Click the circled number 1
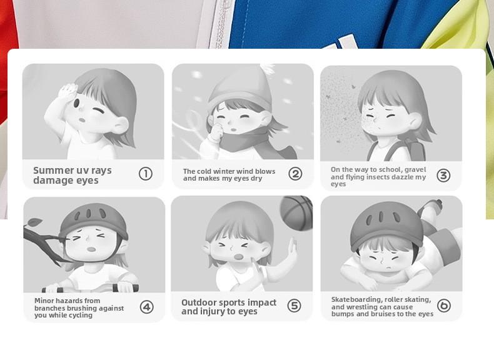146,174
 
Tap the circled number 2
295,174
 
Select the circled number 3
443,176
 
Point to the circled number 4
147,307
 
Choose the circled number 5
295,306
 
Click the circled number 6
444,306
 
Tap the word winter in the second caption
229,171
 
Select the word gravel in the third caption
415,170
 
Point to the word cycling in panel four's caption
81,315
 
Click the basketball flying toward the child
296,213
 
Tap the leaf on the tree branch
34,222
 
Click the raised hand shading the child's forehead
68,91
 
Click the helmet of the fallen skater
387,224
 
